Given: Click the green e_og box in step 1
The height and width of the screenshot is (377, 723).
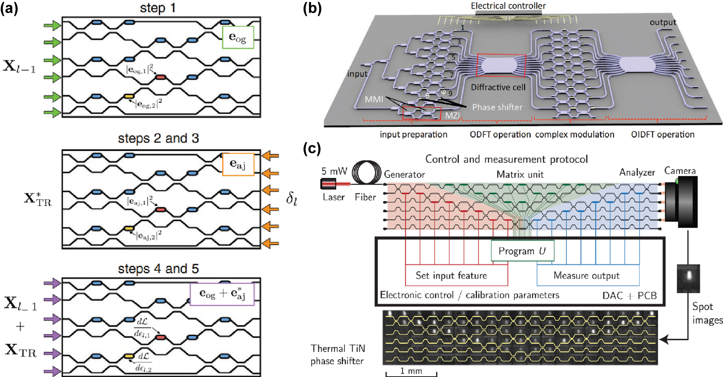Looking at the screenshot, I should pos(238,37).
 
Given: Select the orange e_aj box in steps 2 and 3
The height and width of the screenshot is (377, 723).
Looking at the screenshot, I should pos(238,165).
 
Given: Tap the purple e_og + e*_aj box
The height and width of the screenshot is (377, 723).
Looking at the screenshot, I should pos(222,294).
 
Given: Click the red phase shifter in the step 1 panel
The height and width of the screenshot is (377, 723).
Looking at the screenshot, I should pos(161,77).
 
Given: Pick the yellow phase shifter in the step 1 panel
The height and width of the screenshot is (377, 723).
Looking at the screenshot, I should pos(129,96).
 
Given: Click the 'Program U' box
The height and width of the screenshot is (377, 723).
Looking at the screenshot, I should pos(522,251).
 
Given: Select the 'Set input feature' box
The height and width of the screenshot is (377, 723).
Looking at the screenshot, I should pos(456,275).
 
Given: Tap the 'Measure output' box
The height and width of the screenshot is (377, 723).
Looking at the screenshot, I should pos(588,275).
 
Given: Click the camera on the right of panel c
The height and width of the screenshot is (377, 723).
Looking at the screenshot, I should pos(681,201).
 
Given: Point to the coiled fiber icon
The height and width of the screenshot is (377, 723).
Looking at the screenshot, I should pos(367,173).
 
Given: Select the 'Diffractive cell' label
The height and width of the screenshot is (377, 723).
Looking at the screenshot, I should pos(498,87).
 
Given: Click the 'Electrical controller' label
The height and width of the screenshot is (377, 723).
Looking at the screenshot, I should pos(508,6).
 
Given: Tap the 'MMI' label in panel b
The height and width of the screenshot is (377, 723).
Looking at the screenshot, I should pos(373,99).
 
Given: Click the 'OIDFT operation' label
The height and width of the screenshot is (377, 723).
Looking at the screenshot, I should pos(663,134).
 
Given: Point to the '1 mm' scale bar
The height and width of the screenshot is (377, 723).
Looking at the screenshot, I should pos(411,372).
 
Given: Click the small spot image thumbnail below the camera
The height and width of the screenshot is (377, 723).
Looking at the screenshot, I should pos(688,278).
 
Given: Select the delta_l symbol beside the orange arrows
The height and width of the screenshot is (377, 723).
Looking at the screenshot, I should pos(291,199).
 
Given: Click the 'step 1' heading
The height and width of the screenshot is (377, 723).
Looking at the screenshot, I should pos(158,8).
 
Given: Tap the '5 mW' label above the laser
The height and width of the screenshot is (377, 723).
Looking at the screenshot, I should pos(334,171).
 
